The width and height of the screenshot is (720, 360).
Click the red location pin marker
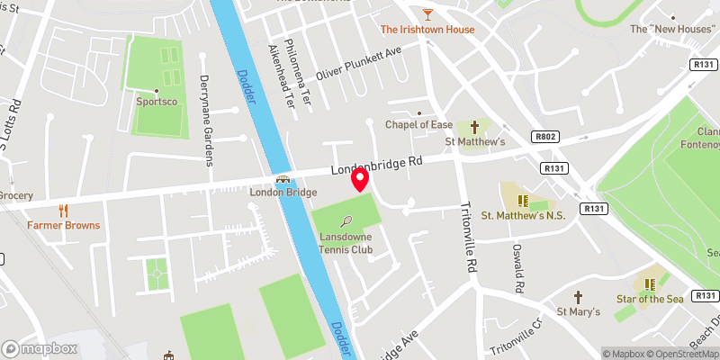360,180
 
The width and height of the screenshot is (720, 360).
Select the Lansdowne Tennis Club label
346,243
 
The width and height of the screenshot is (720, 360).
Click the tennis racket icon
346,220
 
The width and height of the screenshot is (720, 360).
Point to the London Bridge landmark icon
283,179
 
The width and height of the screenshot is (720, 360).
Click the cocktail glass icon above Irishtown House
427,13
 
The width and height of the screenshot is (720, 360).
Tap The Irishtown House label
427,30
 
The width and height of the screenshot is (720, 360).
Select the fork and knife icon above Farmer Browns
63,211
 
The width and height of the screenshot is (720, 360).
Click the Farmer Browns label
63,225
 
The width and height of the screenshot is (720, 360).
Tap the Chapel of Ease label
416,125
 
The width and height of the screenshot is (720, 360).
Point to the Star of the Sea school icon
647,283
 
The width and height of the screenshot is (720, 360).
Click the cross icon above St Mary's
579,297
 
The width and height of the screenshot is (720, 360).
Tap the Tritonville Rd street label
468,237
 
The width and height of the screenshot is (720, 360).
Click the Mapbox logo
40,348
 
